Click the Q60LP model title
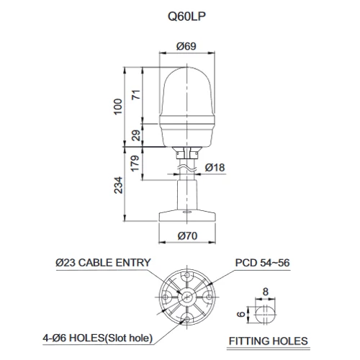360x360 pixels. [x=186, y=17]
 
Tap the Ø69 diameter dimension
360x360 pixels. [x=186, y=46]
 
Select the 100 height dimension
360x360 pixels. [x=118, y=107]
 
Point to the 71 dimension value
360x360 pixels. [x=136, y=95]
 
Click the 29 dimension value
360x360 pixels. [x=136, y=135]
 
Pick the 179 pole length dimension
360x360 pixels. [x=135, y=163]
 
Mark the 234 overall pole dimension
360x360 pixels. [x=118, y=185]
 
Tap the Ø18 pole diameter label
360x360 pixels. [x=215, y=168]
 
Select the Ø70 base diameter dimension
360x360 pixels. [x=187, y=236]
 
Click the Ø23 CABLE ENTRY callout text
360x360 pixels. [x=103, y=263]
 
